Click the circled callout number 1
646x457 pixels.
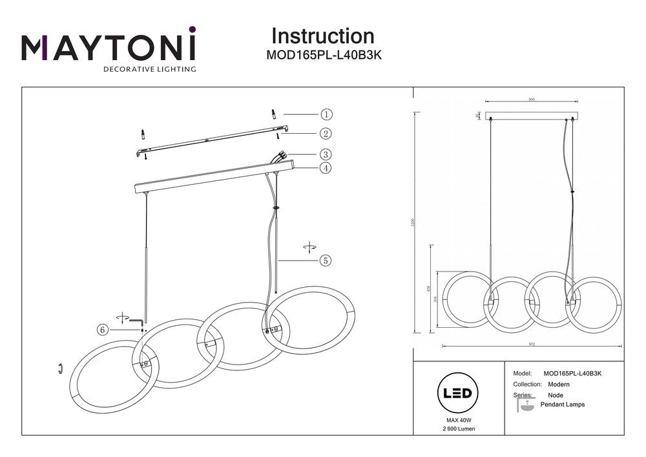pyautogui.click(x=326, y=114)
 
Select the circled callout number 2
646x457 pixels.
pyautogui.click(x=326, y=134)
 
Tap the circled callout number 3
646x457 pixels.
pyautogui.click(x=326, y=154)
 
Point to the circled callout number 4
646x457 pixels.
pyautogui.click(x=326, y=168)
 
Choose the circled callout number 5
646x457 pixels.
pyautogui.click(x=326, y=260)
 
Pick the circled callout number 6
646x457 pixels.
pyautogui.click(x=102, y=330)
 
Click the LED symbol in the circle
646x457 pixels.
pyautogui.click(x=458, y=393)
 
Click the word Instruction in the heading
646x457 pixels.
pyautogui.click(x=322, y=36)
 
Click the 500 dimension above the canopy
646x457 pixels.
pyautogui.click(x=532, y=100)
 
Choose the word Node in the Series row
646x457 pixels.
pyautogui.click(x=555, y=395)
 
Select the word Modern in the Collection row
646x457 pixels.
pyautogui.click(x=558, y=385)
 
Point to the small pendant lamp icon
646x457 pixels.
pyautogui.click(x=526, y=405)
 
